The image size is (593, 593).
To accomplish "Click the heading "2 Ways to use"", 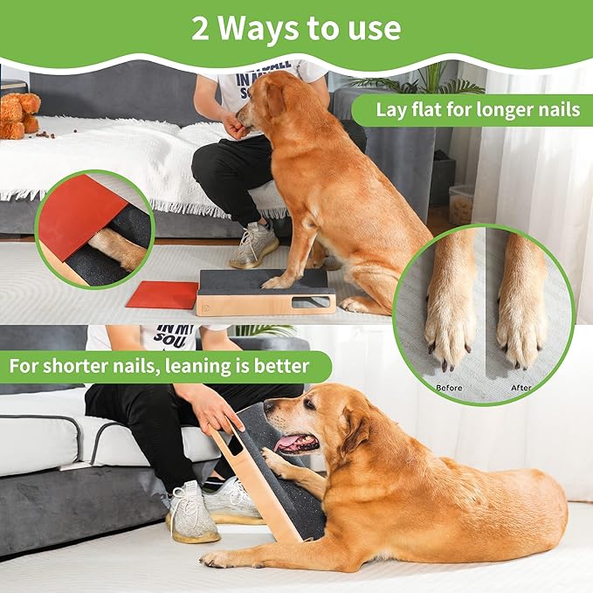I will pyautogui.click(x=296, y=28).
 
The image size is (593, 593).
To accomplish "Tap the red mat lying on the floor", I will pyautogui.click(x=163, y=295).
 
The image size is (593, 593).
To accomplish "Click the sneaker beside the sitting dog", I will pyautogui.click(x=254, y=245).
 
